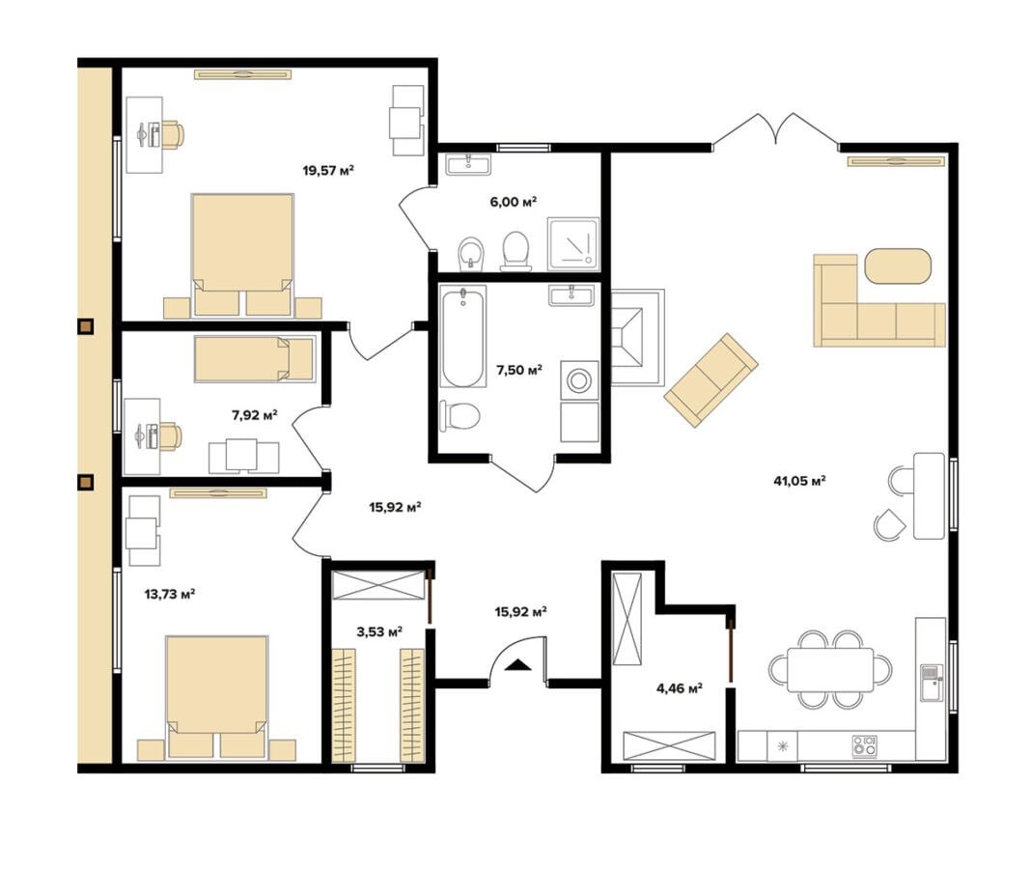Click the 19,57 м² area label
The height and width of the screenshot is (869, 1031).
328,171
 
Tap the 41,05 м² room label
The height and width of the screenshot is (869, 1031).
799,481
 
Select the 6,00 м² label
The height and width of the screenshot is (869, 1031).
513,201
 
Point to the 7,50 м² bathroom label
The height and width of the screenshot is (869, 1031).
518,371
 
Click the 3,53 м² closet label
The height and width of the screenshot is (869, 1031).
379,632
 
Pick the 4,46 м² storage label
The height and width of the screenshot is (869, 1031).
680,688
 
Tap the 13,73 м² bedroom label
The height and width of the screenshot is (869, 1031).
170,595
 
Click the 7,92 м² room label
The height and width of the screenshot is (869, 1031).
255,415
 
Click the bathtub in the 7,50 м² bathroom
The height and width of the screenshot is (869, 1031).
463,336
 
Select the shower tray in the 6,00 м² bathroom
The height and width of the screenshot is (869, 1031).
573,244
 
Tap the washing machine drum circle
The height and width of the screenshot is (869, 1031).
578,380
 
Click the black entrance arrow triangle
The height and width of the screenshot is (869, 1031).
518,664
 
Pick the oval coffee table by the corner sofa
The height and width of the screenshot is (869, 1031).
898,266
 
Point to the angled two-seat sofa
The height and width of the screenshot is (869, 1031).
711,379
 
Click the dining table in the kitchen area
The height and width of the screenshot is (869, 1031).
830,670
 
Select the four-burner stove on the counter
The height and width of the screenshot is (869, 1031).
865,745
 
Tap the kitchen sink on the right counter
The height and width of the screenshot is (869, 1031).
931,683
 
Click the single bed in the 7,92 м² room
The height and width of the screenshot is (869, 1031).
254,358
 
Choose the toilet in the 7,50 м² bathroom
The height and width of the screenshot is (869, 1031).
460,416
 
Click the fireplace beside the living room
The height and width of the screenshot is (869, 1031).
637,337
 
